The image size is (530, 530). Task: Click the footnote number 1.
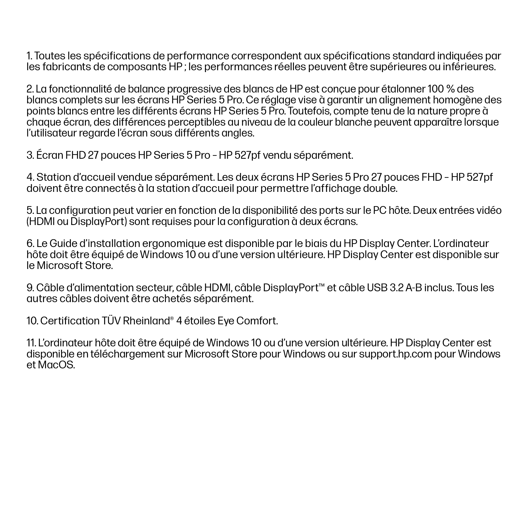point(29,56)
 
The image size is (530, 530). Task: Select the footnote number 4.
point(30,178)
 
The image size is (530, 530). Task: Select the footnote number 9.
point(30,288)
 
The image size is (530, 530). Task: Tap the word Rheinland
point(146,321)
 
